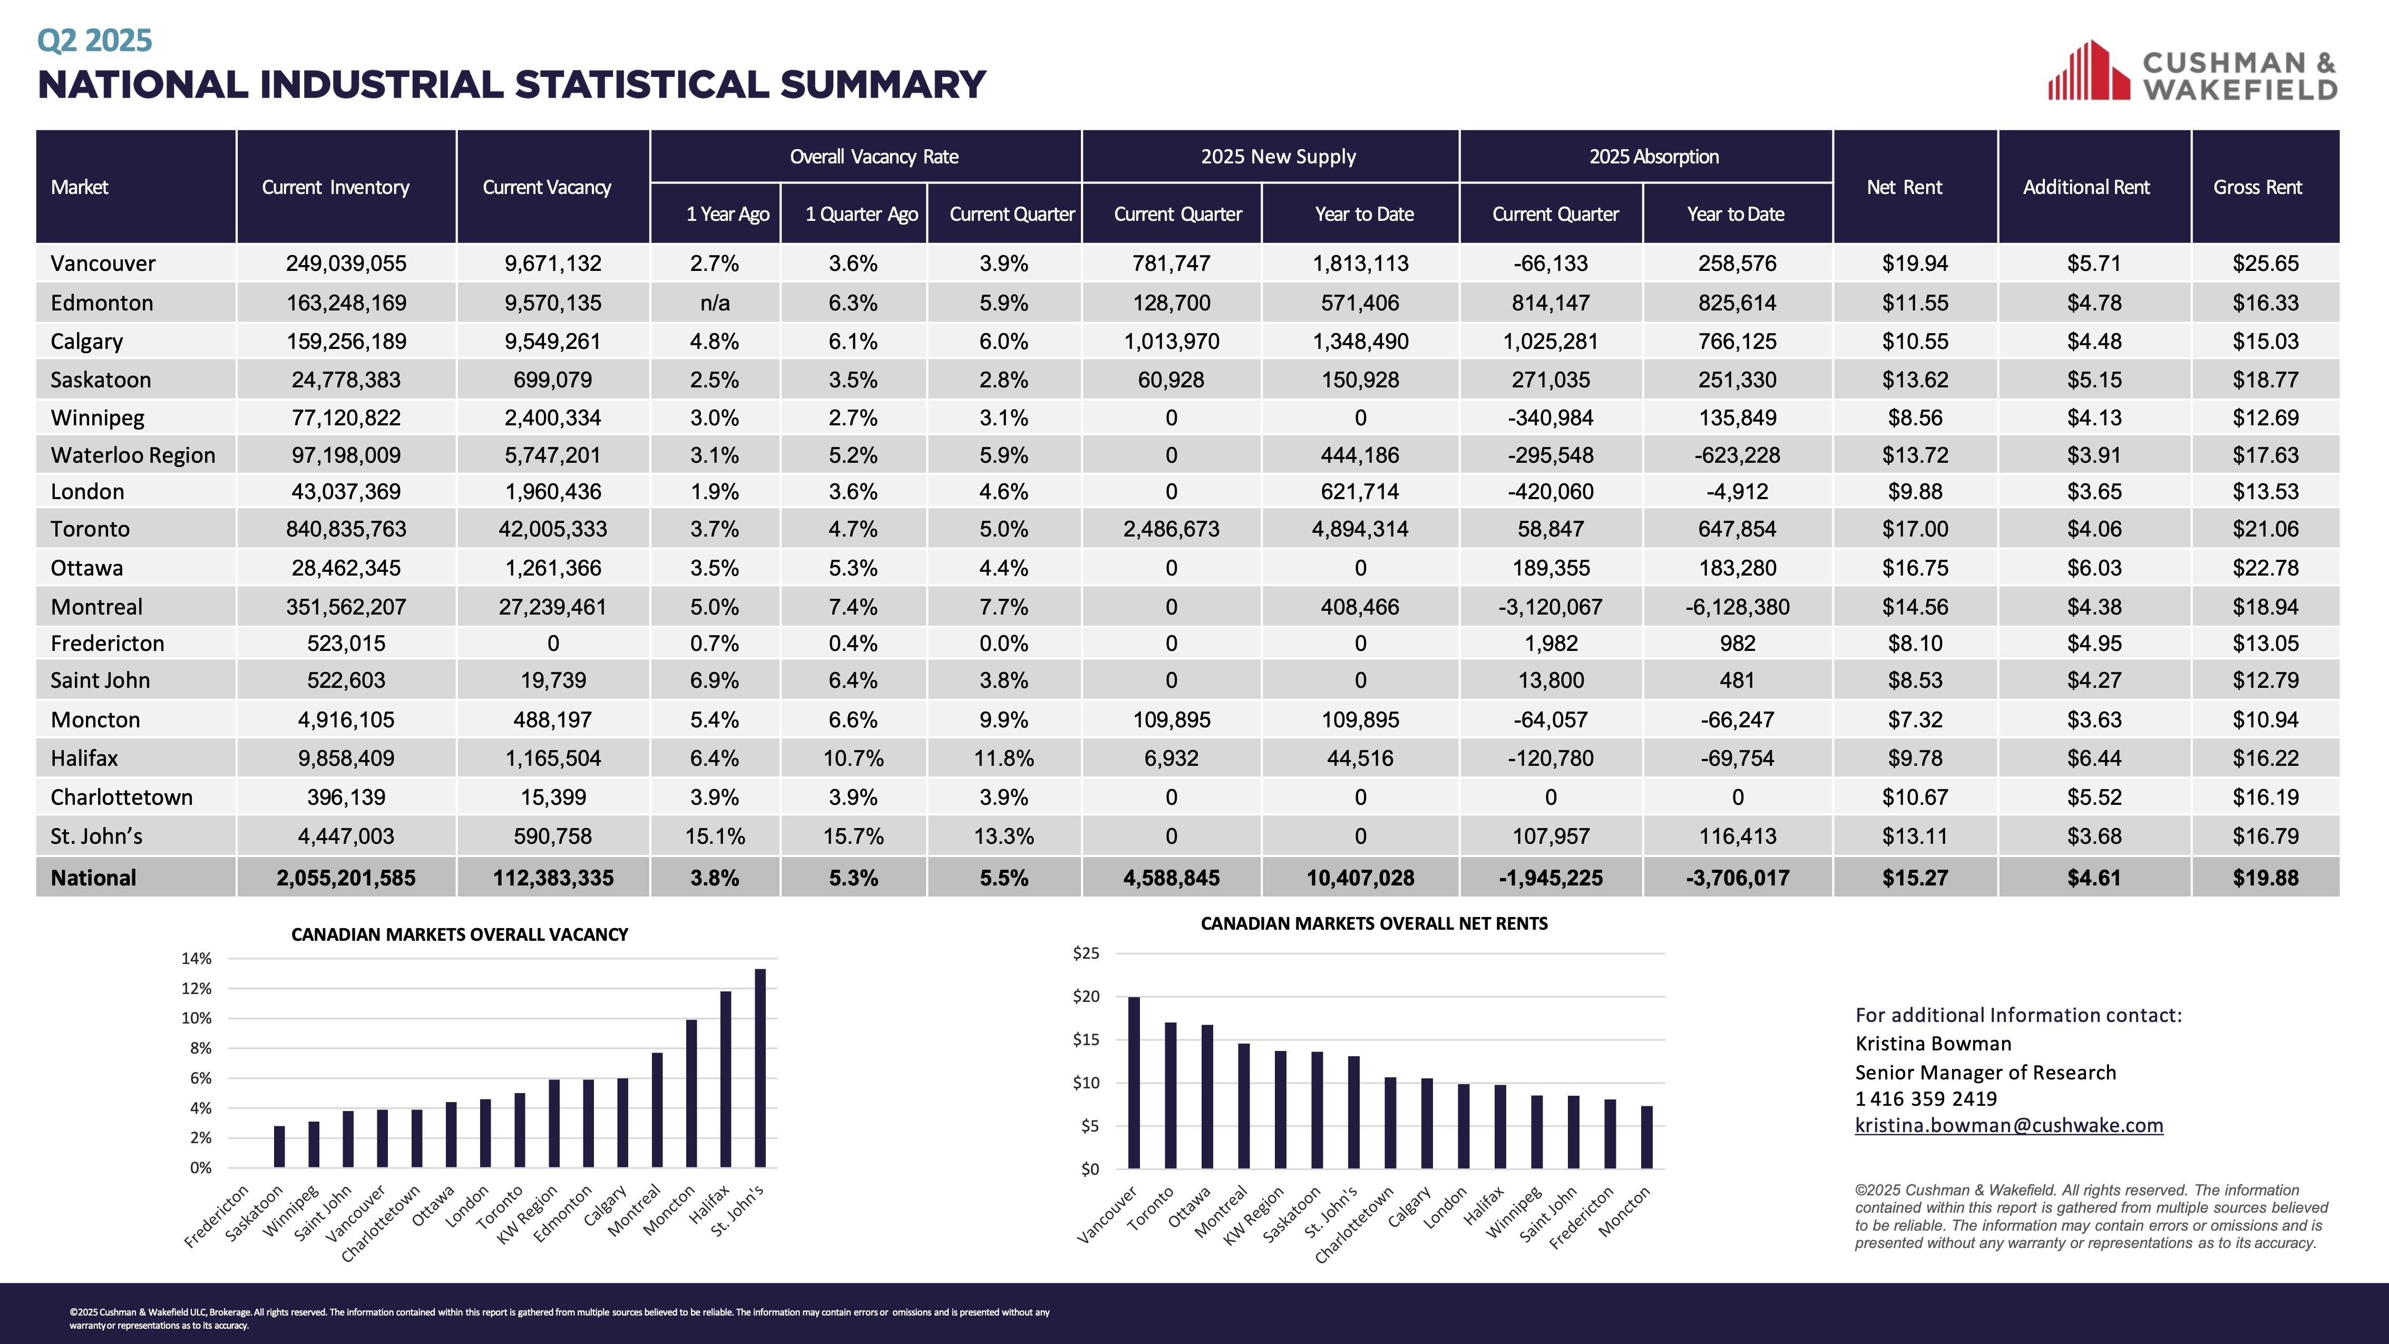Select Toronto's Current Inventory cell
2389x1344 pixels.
click(346, 529)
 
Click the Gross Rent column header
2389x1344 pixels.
click(2257, 187)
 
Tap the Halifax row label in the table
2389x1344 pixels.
click(84, 758)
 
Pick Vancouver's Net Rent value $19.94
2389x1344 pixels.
click(1914, 264)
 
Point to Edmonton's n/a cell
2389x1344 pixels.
click(714, 303)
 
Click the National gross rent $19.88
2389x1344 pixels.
click(2265, 878)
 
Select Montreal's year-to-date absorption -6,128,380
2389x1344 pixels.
click(1737, 607)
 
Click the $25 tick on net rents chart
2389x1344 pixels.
click(1086, 952)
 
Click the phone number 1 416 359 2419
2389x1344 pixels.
click(1925, 1099)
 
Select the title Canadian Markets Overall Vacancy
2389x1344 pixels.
click(459, 934)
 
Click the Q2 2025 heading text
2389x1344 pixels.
click(94, 40)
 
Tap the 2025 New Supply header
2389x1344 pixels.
click(1278, 157)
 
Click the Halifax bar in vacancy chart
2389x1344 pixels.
click(725, 1079)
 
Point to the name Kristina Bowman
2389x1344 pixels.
click(1933, 1044)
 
